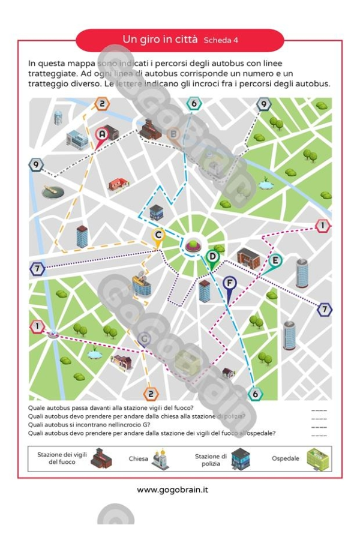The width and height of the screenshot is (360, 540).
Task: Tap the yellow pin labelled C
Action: click(158, 235)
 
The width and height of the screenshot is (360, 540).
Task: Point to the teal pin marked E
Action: click(275, 261)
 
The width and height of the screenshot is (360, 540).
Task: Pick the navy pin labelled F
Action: click(229, 283)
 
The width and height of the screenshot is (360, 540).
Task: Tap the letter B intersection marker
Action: click(174, 134)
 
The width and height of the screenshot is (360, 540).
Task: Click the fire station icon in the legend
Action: click(97, 460)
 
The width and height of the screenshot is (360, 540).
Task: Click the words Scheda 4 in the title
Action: click(221, 41)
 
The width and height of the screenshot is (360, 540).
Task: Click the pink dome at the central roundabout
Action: click(192, 244)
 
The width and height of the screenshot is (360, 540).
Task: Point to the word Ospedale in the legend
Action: click(285, 459)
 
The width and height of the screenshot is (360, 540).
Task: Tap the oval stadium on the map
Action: click(53, 191)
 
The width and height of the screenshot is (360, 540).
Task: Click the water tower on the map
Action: click(58, 117)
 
